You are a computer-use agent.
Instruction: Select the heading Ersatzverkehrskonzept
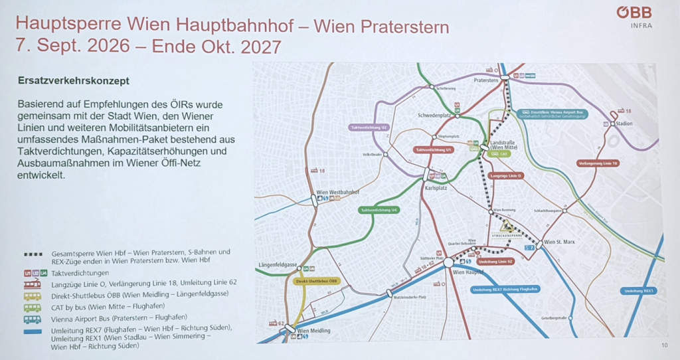pyautogui.click(x=74, y=81)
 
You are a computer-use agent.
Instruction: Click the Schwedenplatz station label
pyautogui.click(x=434, y=114)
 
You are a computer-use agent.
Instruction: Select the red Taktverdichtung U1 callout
pyautogui.click(x=434, y=150)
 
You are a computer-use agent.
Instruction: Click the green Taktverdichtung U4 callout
pyautogui.click(x=379, y=210)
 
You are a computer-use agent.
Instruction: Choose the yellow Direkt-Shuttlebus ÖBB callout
pyautogui.click(x=316, y=281)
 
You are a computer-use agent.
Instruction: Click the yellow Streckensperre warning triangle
pyautogui.click(x=506, y=225)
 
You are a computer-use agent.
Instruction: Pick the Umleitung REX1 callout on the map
pyautogui.click(x=639, y=291)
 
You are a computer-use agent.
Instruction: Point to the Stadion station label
pyautogui.click(x=624, y=123)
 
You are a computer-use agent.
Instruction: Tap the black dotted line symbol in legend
pyautogui.click(x=33, y=254)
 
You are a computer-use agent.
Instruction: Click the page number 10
pyautogui.click(x=664, y=345)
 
